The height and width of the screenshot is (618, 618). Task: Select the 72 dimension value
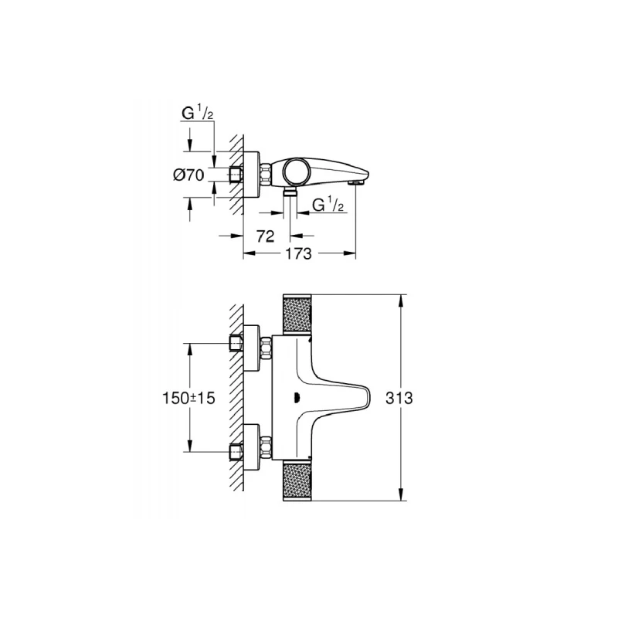click(x=265, y=236)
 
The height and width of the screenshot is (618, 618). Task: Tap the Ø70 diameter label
click(x=188, y=175)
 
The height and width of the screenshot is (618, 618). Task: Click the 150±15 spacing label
click(x=189, y=398)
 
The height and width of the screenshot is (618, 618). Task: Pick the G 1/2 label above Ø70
click(x=196, y=114)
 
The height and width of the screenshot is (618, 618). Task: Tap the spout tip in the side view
click(x=356, y=182)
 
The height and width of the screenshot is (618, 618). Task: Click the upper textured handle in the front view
click(x=298, y=314)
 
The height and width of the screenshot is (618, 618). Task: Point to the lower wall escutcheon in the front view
click(x=253, y=447)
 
